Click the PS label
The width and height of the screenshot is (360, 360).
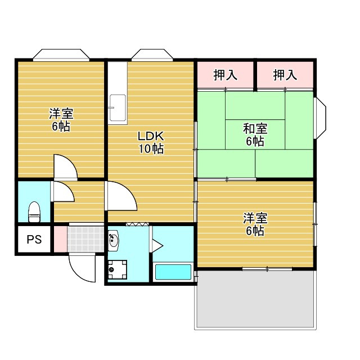click(x=34, y=239)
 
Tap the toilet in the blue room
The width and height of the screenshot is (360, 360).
click(x=34, y=211)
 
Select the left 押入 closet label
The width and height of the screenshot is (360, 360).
click(x=225, y=75)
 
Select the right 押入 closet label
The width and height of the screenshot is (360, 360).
click(x=285, y=75)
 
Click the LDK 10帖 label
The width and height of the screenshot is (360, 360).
click(x=151, y=142)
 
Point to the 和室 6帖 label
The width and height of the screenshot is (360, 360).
click(x=255, y=134)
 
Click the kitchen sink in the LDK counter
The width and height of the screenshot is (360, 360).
click(x=118, y=107)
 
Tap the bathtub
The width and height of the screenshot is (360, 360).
click(x=173, y=272)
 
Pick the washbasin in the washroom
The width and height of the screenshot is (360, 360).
click(x=114, y=241)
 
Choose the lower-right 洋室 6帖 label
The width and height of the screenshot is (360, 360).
click(x=255, y=224)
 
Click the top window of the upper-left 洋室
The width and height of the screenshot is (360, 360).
click(x=61, y=55)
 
